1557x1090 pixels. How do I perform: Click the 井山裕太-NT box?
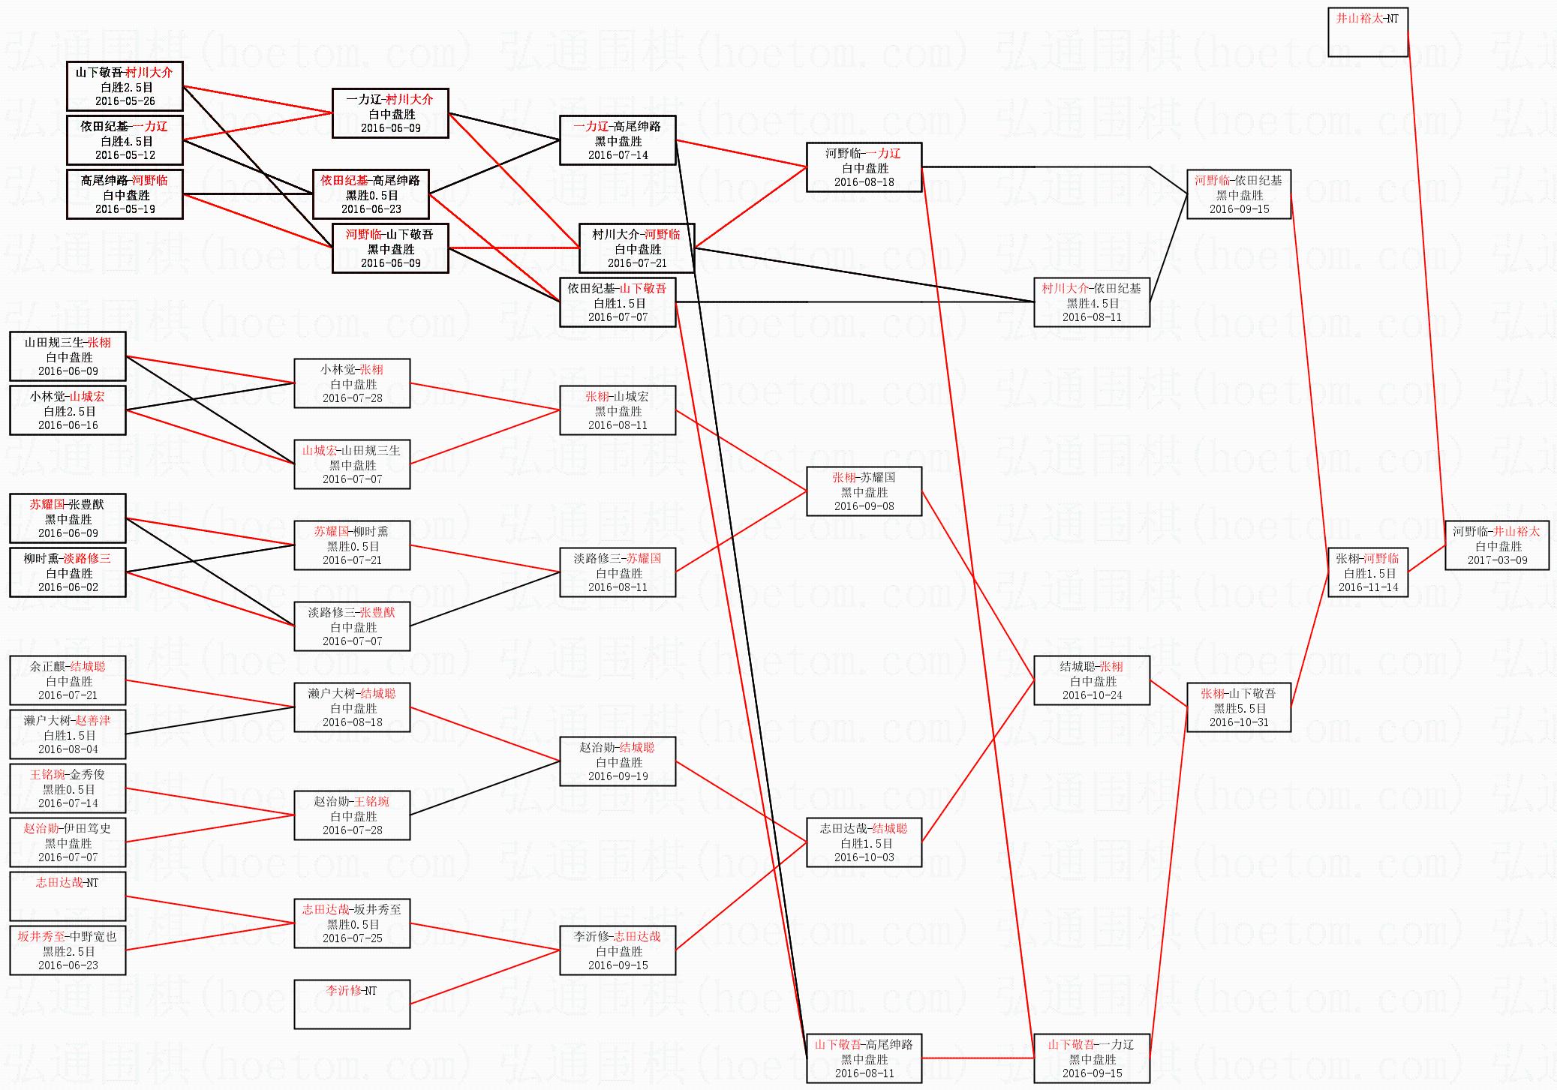pyautogui.click(x=1367, y=32)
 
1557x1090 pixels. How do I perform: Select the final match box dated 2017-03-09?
pyautogui.click(x=1496, y=545)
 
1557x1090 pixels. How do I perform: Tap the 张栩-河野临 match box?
pyautogui.click(x=1367, y=572)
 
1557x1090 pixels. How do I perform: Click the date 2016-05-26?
pyautogui.click(x=125, y=101)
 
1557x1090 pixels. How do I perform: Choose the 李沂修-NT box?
pyautogui.click(x=352, y=1004)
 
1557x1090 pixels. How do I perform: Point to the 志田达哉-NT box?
pyautogui.click(x=68, y=896)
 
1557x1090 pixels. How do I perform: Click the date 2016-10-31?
pyautogui.click(x=1239, y=722)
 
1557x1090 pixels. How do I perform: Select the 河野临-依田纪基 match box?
pyautogui.click(x=1239, y=194)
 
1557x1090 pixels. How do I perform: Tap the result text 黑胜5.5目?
pyautogui.click(x=1239, y=708)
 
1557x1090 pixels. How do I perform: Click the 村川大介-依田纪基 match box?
pyautogui.click(x=1092, y=302)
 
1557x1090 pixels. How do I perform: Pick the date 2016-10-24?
pyautogui.click(x=1092, y=695)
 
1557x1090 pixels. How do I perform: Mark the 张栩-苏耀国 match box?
pyautogui.click(x=864, y=491)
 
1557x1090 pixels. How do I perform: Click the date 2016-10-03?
pyautogui.click(x=864, y=857)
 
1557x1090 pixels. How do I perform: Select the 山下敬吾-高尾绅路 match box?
pyautogui.click(x=864, y=1058)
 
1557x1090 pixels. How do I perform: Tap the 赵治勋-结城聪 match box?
pyautogui.click(x=618, y=761)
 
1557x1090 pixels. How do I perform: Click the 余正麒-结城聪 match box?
pyautogui.click(x=68, y=680)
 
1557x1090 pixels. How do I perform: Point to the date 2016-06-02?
pyautogui.click(x=68, y=587)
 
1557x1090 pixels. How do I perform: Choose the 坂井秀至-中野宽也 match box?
pyautogui.click(x=68, y=950)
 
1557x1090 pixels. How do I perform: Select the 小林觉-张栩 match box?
pyautogui.click(x=352, y=383)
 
